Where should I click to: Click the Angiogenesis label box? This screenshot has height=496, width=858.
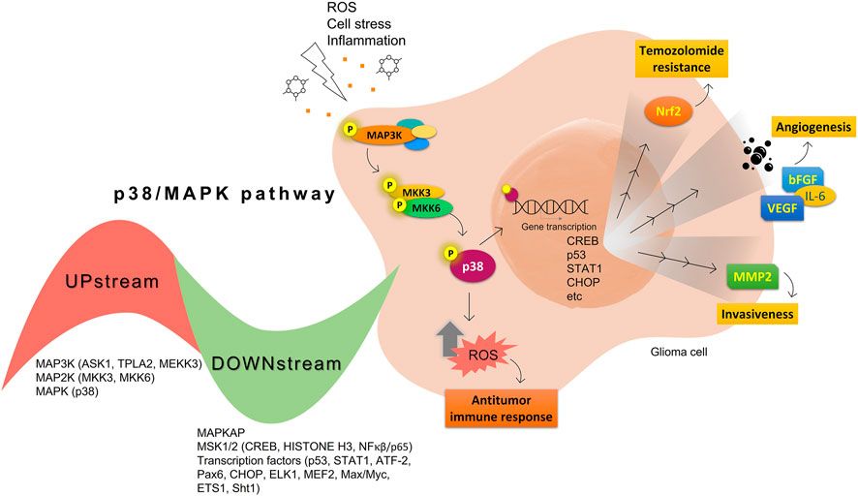pyautogui.click(x=812, y=125)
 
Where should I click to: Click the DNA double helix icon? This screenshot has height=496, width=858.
pyautogui.click(x=553, y=205)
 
